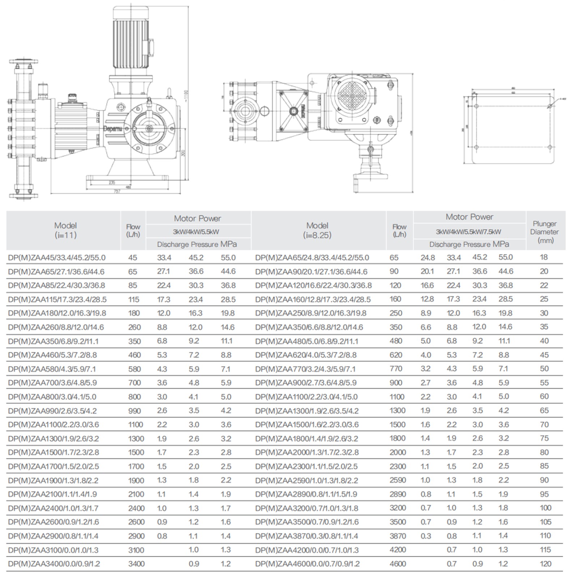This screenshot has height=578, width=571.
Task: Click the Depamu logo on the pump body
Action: click(x=113, y=128)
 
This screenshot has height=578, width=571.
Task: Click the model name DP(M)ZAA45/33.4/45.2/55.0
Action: click(x=56, y=258)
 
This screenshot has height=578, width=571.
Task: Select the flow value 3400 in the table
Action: click(x=136, y=564)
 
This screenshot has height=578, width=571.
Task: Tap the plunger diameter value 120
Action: click(x=545, y=564)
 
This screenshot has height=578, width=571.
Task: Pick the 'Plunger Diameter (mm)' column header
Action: click(x=545, y=232)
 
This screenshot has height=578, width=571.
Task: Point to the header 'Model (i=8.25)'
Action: click(x=317, y=230)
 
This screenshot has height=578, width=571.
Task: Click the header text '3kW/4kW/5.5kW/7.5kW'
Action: click(x=469, y=232)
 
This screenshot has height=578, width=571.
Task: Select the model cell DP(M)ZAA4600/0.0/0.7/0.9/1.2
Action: click(x=307, y=564)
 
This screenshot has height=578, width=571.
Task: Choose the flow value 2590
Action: click(x=398, y=480)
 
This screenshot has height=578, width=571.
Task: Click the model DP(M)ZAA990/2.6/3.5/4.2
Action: click(x=52, y=411)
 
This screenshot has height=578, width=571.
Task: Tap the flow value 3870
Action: click(x=398, y=536)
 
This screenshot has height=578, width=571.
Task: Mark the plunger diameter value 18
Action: click(x=544, y=257)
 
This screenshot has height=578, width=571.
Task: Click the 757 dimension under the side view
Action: click(x=116, y=191)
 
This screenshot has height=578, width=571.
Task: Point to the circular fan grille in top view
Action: click(x=350, y=95)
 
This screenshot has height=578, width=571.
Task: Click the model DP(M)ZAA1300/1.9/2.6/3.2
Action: click(x=54, y=439)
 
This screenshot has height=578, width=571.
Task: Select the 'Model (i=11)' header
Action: click(x=65, y=230)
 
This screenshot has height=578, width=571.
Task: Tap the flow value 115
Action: click(x=133, y=299)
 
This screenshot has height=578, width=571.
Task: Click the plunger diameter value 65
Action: click(x=544, y=410)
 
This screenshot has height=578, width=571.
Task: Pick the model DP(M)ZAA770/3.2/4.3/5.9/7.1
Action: click(x=305, y=369)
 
